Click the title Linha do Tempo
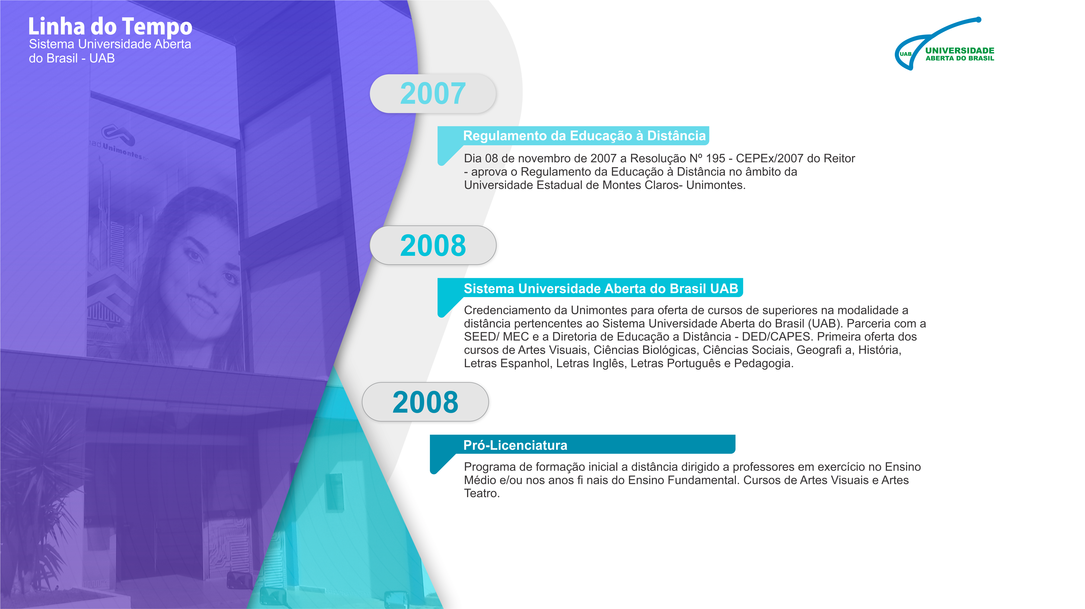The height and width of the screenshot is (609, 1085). [110, 26]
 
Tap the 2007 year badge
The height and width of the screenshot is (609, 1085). [433, 93]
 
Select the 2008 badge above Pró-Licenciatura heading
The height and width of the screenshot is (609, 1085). [426, 402]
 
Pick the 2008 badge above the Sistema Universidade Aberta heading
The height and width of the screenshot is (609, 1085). [433, 245]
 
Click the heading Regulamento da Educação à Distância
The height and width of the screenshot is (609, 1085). [584, 135]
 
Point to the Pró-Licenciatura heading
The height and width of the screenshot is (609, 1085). [515, 445]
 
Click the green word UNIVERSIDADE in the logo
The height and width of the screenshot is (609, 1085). [960, 50]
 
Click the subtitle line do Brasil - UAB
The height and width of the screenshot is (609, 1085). [72, 59]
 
